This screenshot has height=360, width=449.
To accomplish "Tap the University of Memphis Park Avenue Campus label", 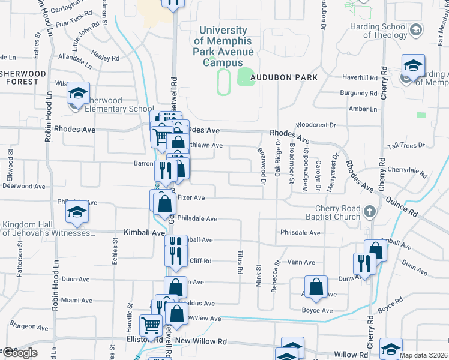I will pyautogui.click(x=222, y=46).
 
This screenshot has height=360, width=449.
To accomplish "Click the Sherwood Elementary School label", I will pyautogui.click(x=112, y=104).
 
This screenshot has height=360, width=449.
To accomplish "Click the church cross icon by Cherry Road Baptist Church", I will pyautogui.click(x=369, y=211).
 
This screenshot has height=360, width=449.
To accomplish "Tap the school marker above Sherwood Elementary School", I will pyautogui.click(x=78, y=94).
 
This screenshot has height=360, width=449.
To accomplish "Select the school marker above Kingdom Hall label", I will pyautogui.click(x=77, y=212).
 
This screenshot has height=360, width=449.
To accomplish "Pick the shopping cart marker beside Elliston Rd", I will pyautogui.click(x=150, y=325).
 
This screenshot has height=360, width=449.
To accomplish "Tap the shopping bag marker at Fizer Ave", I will pyautogui.click(x=164, y=204).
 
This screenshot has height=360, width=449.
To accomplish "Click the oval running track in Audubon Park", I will pyautogui.click(x=223, y=82).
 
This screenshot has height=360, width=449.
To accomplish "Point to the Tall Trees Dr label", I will pyautogui.click(x=406, y=146).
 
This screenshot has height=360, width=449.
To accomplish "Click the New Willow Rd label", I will pyautogui.click(x=200, y=341).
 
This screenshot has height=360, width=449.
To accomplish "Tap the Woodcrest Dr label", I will pyautogui.click(x=318, y=125).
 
